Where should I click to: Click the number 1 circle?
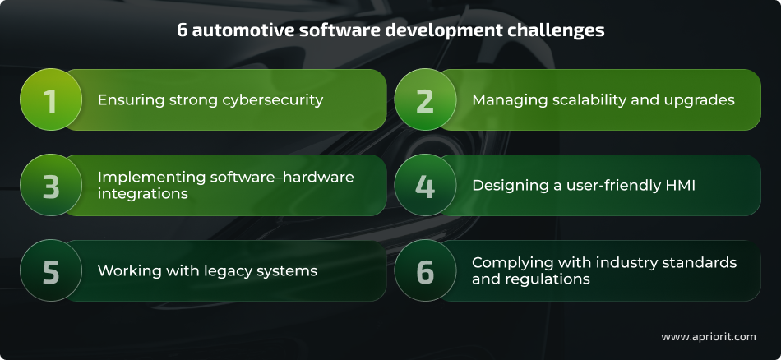(x=50, y=100)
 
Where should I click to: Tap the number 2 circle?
(x=425, y=100)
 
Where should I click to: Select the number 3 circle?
(x=50, y=186)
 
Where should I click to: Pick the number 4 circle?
(x=425, y=186)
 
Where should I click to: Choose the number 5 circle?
(x=50, y=271)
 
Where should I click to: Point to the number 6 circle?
(x=425, y=271)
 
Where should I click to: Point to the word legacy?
(x=226, y=271)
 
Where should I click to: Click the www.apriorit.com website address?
(x=709, y=337)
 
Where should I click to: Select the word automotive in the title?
(x=233, y=30)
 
